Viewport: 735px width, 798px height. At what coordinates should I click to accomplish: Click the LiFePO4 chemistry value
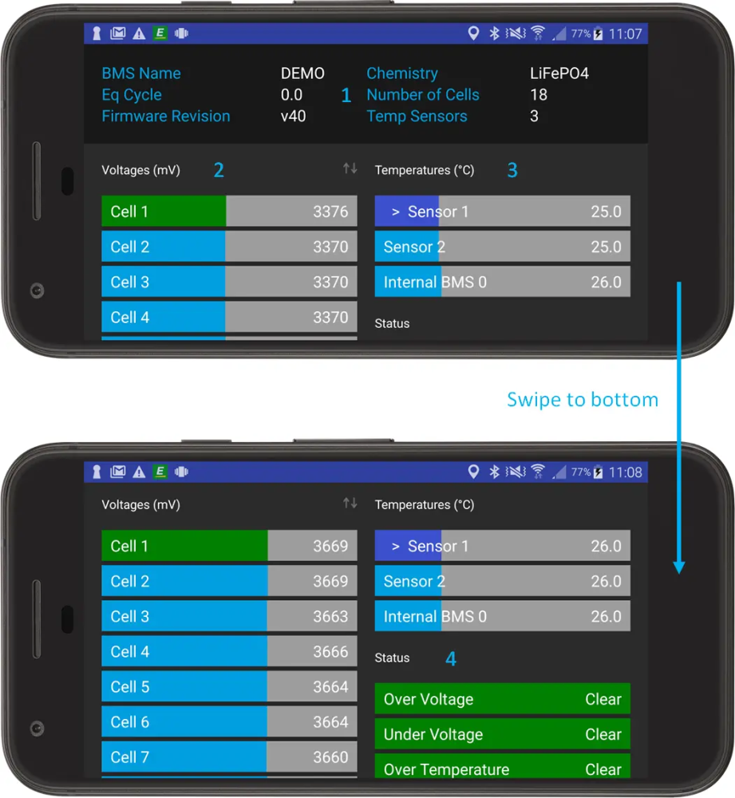[559, 73]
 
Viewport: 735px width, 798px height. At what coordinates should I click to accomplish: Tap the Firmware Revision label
[166, 116]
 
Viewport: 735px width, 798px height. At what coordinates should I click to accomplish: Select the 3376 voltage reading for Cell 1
[330, 211]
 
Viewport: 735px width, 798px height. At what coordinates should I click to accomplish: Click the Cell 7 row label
[130, 757]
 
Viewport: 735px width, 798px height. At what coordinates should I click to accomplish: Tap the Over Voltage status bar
[503, 699]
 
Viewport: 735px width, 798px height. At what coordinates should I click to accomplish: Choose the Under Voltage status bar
[503, 734]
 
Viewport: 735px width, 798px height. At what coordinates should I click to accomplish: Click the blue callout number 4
[450, 659]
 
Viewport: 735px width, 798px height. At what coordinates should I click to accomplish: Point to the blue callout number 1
[346, 95]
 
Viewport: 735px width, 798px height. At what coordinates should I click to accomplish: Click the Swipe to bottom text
[583, 400]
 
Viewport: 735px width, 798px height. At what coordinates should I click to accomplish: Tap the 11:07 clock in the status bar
[625, 34]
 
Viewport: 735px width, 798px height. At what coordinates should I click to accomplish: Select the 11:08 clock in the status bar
[625, 472]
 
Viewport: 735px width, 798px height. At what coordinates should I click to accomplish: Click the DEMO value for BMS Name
[302, 73]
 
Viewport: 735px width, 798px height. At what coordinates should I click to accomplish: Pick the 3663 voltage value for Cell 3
[330, 616]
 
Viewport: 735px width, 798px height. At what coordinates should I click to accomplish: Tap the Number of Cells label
[423, 95]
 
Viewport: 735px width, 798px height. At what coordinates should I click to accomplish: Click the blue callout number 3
[512, 170]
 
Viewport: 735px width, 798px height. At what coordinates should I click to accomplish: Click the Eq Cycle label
[132, 95]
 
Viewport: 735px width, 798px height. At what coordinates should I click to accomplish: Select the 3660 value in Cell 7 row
[330, 757]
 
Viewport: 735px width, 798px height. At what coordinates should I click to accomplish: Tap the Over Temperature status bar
[503, 766]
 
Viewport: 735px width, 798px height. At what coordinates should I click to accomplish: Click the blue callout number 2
[219, 170]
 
